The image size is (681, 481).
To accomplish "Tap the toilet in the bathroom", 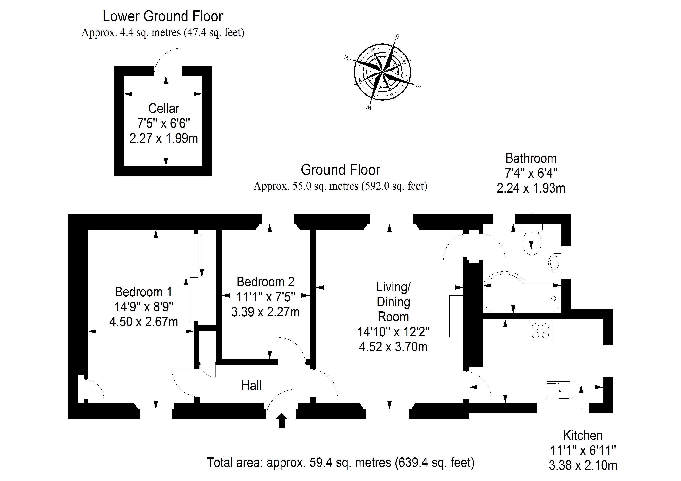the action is coord(532,241).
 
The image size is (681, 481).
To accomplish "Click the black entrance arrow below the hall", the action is coord(281,421).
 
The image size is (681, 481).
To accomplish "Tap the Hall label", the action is coord(252,386).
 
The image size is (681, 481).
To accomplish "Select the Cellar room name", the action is coord(164,108).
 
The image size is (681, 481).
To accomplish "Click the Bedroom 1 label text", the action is coord(143,292).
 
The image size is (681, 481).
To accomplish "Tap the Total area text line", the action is coord(340,462).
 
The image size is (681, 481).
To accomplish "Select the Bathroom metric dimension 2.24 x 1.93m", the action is coord(531,188).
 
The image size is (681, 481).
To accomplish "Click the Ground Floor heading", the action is coord(340,170).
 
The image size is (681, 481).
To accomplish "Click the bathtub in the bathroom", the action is coord(522,295).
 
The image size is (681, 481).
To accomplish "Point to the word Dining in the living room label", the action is coord(393,302).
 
